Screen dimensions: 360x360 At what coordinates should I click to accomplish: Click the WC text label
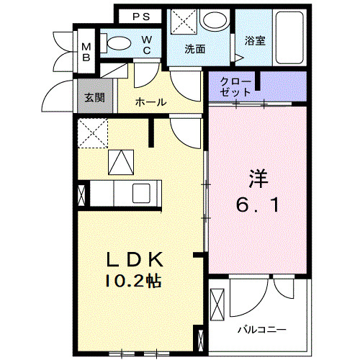[x=146, y=44]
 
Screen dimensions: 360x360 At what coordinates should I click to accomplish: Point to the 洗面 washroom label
[x=195, y=50]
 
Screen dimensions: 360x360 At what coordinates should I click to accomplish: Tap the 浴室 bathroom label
[x=255, y=40]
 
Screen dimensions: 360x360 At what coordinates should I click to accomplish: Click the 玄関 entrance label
[x=89, y=98]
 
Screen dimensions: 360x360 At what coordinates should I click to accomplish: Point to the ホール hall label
[x=151, y=102]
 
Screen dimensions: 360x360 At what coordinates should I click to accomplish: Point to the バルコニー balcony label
[x=263, y=329]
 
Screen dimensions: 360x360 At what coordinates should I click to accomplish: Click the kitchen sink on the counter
[x=140, y=194]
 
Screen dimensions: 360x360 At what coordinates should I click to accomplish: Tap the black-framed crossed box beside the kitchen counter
[x=82, y=194]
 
